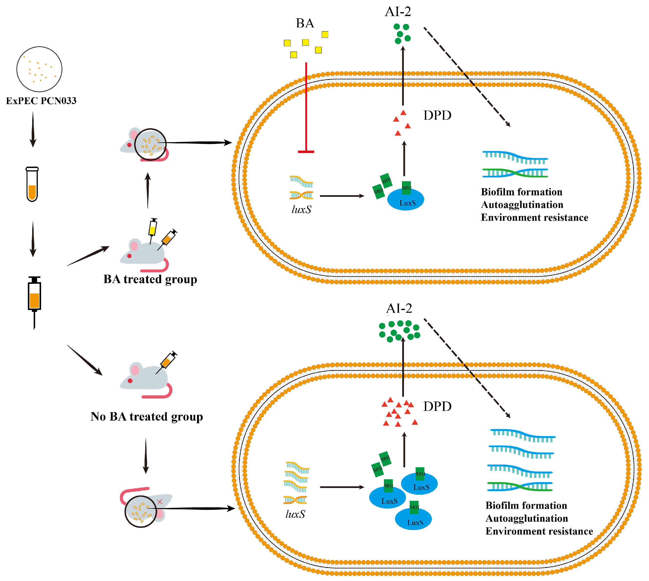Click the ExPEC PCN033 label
click(x=41, y=101)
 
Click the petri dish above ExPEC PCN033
click(x=39, y=69)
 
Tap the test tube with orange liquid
click(x=32, y=184)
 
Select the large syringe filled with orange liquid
click(x=34, y=297)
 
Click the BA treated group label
click(x=150, y=279)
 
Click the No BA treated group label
click(x=147, y=417)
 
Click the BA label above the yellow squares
click(x=305, y=23)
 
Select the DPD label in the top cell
click(x=437, y=115)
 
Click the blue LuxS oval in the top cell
click(x=406, y=201)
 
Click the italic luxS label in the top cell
click(x=301, y=210)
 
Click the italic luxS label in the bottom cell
click(x=295, y=514)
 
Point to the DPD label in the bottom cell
click(x=437, y=406)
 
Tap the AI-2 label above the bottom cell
click(x=399, y=308)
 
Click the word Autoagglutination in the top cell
click(x=522, y=205)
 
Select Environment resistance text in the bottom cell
click(x=539, y=531)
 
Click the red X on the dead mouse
click(x=160, y=502)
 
